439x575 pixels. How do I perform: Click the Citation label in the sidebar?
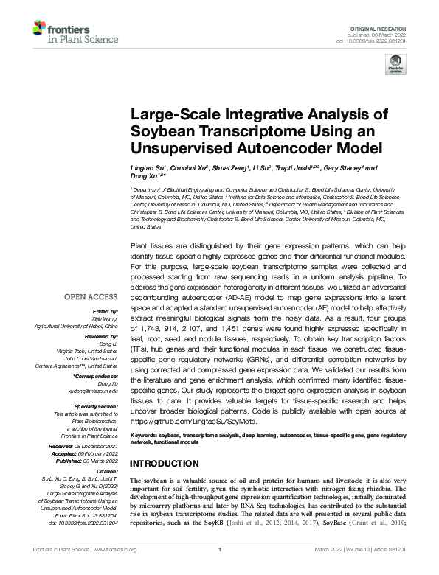pyautogui.click(x=107, y=469)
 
